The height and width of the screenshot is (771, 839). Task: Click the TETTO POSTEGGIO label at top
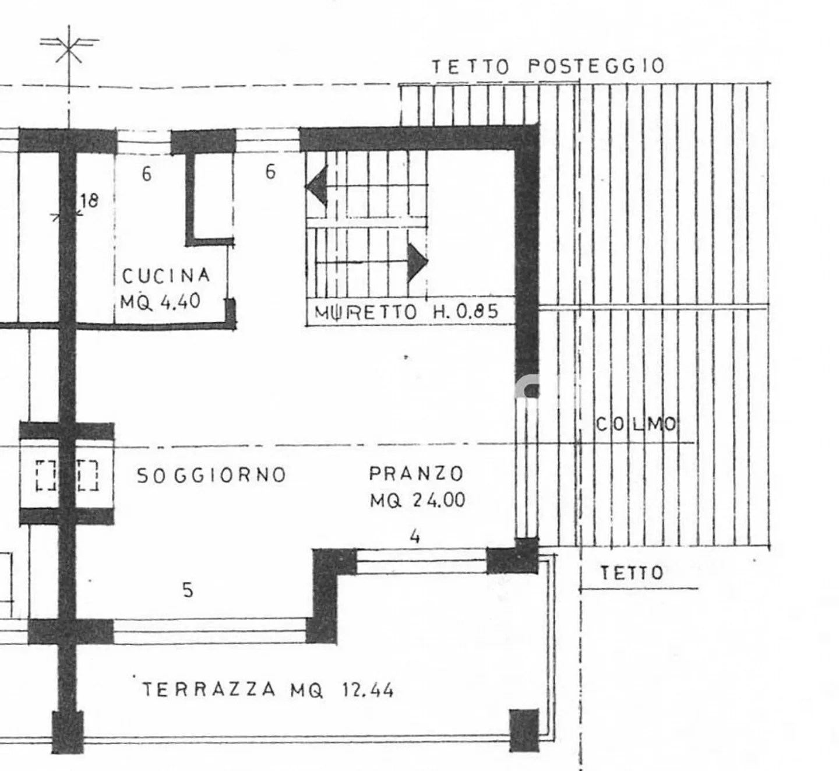pyautogui.click(x=548, y=66)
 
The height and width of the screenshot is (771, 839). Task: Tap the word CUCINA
pyautogui.click(x=166, y=275)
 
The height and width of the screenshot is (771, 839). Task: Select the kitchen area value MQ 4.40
pyautogui.click(x=160, y=301)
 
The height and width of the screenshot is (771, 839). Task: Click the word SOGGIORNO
pyautogui.click(x=211, y=476)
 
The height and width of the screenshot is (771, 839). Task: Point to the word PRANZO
pyautogui.click(x=416, y=473)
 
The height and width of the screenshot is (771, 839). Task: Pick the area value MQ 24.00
pyautogui.click(x=417, y=500)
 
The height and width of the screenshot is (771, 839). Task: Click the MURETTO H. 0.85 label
pyautogui.click(x=407, y=312)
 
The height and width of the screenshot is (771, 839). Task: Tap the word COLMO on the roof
pyautogui.click(x=636, y=424)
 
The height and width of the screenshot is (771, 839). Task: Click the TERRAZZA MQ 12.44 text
pyautogui.click(x=268, y=691)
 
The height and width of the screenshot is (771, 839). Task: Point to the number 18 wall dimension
pyautogui.click(x=89, y=201)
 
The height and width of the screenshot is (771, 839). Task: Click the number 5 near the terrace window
pyautogui.click(x=188, y=590)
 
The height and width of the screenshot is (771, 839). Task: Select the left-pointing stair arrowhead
pyautogui.click(x=316, y=186)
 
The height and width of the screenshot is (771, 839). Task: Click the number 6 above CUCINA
pyautogui.click(x=147, y=174)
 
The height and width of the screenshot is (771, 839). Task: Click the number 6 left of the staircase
pyautogui.click(x=270, y=171)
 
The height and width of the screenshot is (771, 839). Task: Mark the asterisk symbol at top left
pyautogui.click(x=69, y=49)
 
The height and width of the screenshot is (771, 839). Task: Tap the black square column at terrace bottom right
pyautogui.click(x=524, y=730)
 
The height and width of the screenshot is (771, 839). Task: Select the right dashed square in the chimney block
pyautogui.click(x=87, y=475)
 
